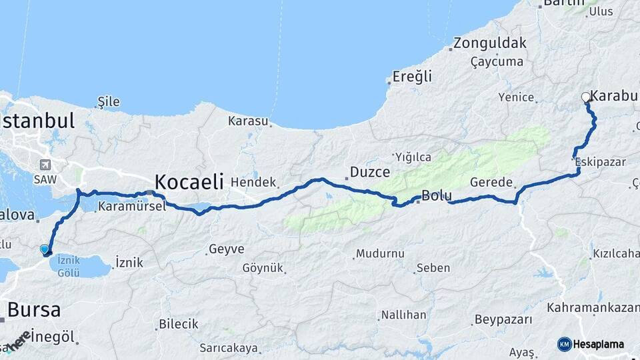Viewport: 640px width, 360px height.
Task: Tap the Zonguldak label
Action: click(x=489, y=43)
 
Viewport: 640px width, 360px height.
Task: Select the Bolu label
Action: click(x=437, y=196)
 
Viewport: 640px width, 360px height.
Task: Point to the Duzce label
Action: click(x=369, y=172)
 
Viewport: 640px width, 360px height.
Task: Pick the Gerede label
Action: click(x=491, y=182)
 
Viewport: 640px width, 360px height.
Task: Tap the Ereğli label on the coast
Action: click(x=412, y=76)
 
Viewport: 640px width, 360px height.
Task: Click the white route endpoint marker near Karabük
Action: click(x=586, y=97)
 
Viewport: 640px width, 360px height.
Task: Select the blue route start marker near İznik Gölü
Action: click(x=45, y=249)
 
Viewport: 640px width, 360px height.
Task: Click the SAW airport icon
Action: click(x=45, y=165)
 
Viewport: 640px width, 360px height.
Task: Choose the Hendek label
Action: click(x=254, y=182)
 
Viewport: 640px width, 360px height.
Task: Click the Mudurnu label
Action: click(x=380, y=253)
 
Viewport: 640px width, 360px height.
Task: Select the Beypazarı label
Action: click(x=503, y=320)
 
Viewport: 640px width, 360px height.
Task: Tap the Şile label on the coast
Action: click(x=109, y=101)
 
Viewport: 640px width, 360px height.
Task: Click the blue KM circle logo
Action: click(x=564, y=344)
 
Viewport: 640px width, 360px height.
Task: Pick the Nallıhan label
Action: click(x=403, y=315)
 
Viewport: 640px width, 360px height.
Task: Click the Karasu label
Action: click(x=248, y=121)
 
